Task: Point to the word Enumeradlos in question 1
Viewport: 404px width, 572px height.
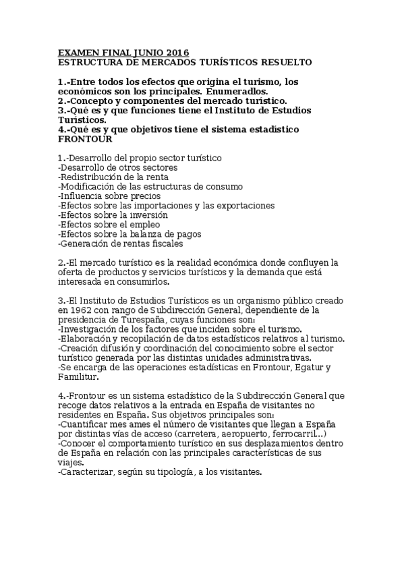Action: tap(237, 91)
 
